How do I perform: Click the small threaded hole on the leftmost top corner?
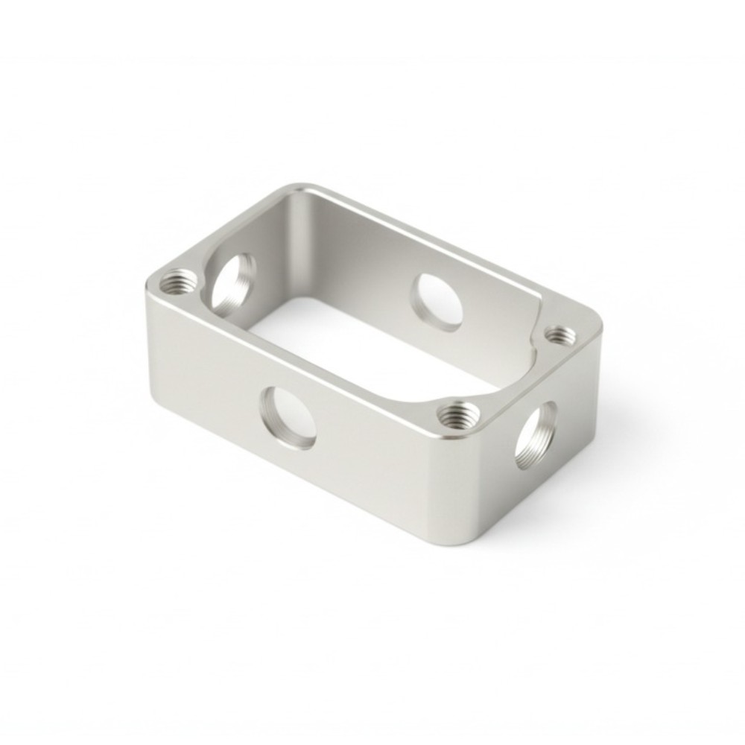coord(180,282)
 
